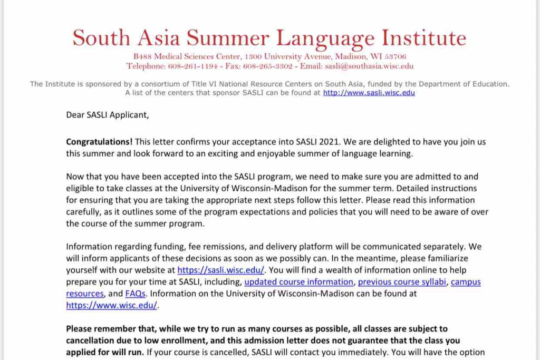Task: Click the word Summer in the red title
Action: [229, 38]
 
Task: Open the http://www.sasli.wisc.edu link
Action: [369, 93]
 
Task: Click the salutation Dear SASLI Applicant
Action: [107, 114]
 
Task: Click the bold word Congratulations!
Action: [99, 142]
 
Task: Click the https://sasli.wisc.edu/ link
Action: [220, 270]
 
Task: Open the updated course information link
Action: [298, 282]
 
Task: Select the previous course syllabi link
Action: [402, 282]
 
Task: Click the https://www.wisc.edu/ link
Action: [112, 305]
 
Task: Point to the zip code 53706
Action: [396, 56]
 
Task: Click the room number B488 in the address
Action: [143, 56]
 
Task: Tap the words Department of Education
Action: [465, 84]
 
